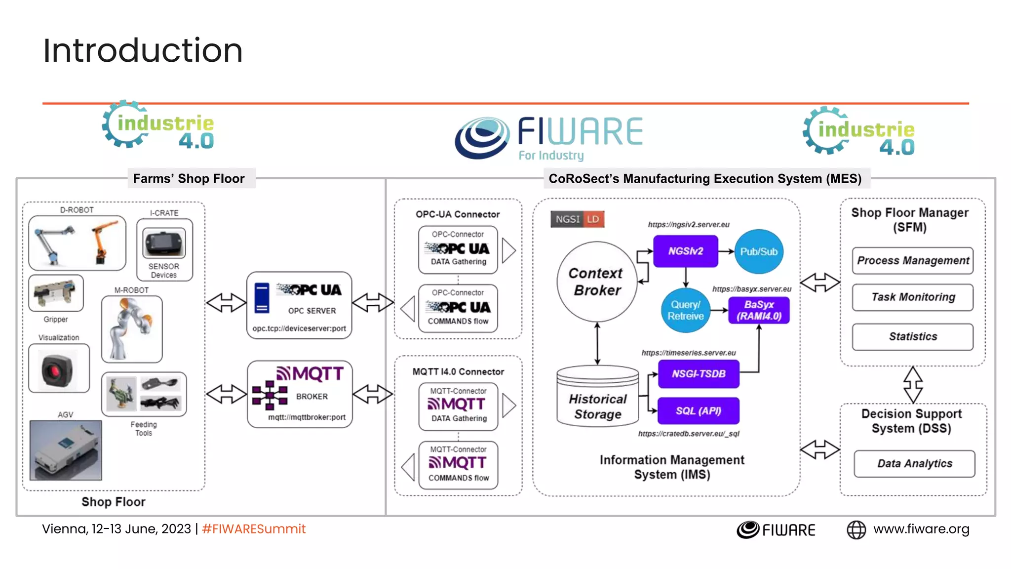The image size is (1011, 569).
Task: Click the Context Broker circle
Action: tap(596, 282)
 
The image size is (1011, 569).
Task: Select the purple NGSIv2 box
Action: tap(685, 251)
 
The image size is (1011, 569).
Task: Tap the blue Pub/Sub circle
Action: tap(758, 252)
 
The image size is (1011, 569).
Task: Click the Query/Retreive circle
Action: tap(685, 310)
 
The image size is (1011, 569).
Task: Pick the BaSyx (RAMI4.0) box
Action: tap(759, 310)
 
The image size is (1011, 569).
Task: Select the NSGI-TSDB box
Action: tap(699, 374)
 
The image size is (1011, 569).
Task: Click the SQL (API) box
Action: tap(699, 411)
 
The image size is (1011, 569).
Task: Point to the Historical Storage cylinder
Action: tap(597, 398)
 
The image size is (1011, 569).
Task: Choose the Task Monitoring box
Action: tap(912, 297)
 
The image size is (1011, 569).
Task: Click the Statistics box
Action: tap(912, 337)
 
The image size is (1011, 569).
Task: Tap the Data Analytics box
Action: tap(914, 463)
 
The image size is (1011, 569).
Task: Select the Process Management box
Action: tap(912, 261)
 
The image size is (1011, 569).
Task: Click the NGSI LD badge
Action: tap(577, 219)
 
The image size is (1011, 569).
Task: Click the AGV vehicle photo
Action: tap(66, 450)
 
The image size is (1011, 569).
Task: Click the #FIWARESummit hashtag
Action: tap(254, 529)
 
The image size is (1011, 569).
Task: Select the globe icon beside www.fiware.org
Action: tap(856, 530)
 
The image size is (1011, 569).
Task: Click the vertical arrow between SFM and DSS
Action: tap(913, 385)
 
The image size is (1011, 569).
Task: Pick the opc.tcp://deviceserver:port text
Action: tap(299, 328)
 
